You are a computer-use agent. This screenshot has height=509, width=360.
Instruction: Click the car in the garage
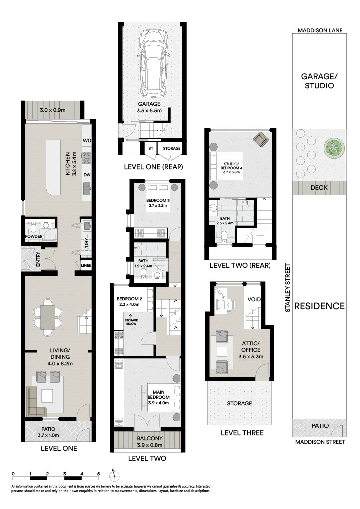click(152, 62)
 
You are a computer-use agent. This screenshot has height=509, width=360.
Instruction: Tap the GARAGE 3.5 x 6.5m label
click(149, 107)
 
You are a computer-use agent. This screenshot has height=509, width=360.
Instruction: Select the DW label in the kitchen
click(87, 175)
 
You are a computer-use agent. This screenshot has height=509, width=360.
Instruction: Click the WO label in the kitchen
click(87, 141)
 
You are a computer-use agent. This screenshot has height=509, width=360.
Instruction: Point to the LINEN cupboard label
click(86, 265)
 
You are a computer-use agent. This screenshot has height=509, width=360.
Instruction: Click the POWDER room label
click(34, 236)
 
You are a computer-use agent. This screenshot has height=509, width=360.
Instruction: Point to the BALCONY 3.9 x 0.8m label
click(150, 441)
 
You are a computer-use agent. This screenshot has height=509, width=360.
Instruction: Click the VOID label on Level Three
click(254, 299)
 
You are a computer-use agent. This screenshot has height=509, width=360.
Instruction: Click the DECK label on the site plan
click(319, 187)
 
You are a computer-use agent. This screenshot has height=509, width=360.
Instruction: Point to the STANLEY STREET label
click(287, 288)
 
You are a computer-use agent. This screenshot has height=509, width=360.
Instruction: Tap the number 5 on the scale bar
click(98, 474)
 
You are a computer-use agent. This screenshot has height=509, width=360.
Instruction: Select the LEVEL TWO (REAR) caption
click(240, 265)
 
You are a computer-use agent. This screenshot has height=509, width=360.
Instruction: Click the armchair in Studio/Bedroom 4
click(260, 139)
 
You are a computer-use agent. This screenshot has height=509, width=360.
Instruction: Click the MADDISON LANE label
click(320, 30)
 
